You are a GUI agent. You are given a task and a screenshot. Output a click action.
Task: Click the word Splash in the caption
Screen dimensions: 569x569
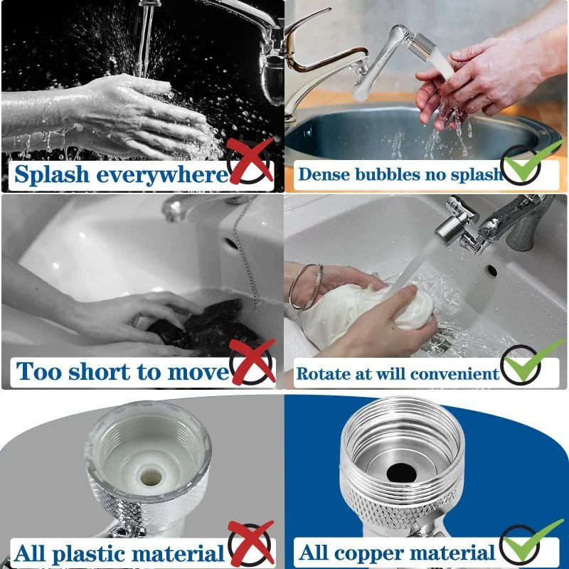point(58,174)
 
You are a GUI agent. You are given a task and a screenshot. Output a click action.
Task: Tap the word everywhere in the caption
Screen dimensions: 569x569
point(167,174)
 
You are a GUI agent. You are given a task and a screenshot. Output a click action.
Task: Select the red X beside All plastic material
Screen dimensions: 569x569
point(251,544)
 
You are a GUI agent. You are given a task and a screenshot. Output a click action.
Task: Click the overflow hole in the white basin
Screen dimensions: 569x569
point(491,270)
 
